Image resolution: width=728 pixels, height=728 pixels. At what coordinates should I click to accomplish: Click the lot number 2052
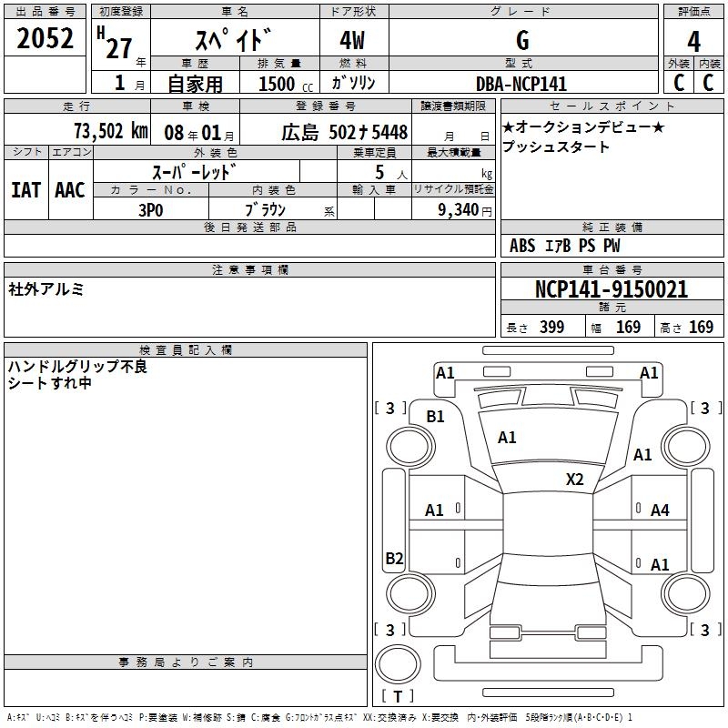[x=45, y=38]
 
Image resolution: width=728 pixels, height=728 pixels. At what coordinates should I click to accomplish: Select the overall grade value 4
[x=693, y=42]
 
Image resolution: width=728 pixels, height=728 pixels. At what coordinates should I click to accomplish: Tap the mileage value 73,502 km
[x=111, y=131]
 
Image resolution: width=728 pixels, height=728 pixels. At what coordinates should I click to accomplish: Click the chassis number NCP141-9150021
[x=612, y=289]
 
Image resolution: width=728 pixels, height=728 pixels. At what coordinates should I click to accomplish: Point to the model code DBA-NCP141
[x=521, y=84]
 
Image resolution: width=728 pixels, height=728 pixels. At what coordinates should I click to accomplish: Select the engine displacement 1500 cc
[x=286, y=84]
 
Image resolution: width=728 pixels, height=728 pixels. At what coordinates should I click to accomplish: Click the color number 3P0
[x=151, y=210]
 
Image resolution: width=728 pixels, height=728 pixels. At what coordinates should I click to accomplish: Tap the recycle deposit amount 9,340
[x=458, y=210]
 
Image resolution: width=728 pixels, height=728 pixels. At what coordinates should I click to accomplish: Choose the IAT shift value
[x=26, y=190]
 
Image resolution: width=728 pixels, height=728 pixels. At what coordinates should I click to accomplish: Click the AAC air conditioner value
[x=70, y=190]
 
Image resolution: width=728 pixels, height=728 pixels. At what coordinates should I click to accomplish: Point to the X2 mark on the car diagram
[x=574, y=479]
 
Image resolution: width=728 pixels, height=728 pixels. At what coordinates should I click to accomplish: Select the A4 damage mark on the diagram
[x=660, y=511]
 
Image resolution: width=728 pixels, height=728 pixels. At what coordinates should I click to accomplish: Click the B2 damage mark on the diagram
[x=394, y=558]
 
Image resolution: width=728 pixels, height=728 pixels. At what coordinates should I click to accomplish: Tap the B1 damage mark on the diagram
[x=435, y=417]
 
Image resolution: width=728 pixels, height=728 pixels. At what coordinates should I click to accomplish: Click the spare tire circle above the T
[x=398, y=664]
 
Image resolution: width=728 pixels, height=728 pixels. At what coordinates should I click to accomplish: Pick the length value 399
[x=551, y=328]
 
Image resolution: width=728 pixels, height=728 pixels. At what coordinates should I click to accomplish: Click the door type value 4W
[x=352, y=40]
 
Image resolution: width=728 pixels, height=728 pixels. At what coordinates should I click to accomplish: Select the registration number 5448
[x=389, y=132]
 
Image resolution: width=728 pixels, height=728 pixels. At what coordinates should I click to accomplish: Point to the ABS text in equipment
[x=522, y=246]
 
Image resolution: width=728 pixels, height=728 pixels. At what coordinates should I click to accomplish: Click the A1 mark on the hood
[x=507, y=438]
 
